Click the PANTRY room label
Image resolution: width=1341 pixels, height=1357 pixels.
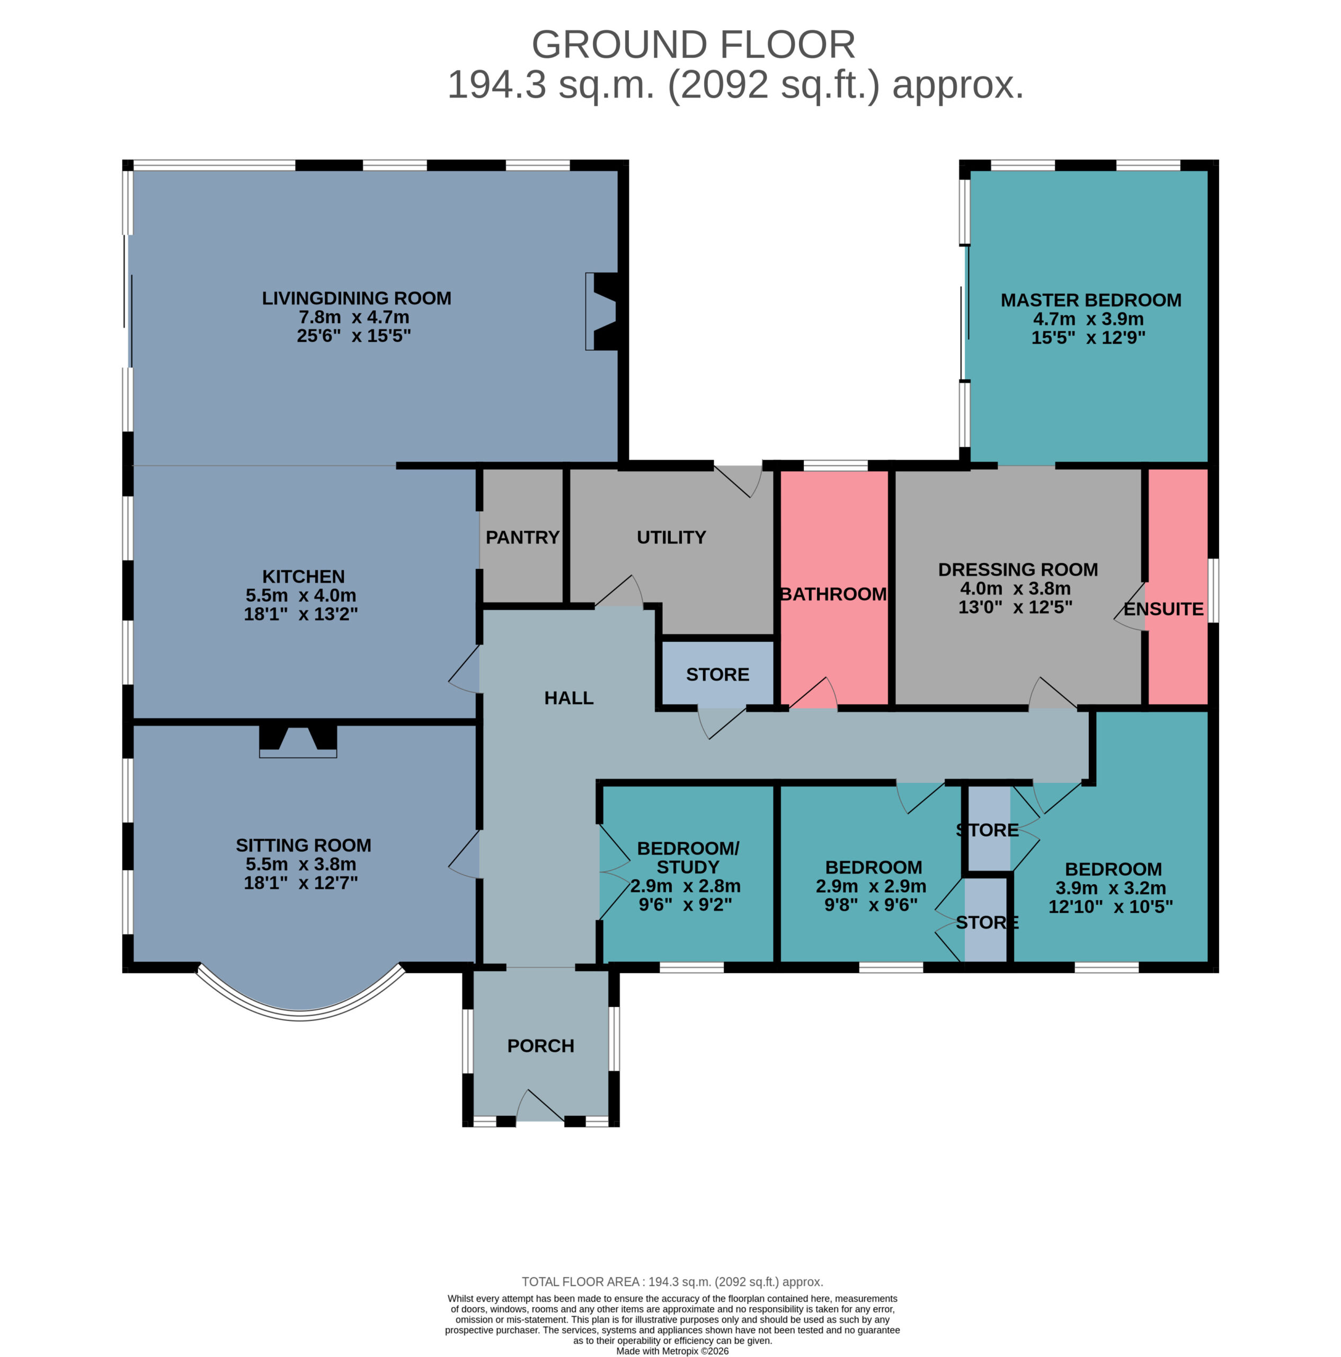pyautogui.click(x=522, y=537)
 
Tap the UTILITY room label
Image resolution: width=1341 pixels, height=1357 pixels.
pyautogui.click(x=671, y=537)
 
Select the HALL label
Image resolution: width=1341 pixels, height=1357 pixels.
pyautogui.click(x=569, y=698)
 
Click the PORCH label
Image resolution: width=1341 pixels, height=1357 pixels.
pyautogui.click(x=540, y=1046)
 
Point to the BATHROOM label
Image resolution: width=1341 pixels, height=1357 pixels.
pyautogui.click(x=833, y=594)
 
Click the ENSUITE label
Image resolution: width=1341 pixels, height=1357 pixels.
pyautogui.click(x=1164, y=609)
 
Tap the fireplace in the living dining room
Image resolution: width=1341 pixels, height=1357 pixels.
pyautogui.click(x=602, y=311)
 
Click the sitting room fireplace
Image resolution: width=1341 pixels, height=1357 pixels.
pyautogui.click(x=298, y=741)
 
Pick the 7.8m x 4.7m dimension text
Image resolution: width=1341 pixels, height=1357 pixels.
pyautogui.click(x=354, y=317)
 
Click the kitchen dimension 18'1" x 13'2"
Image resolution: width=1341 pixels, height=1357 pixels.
pyautogui.click(x=300, y=614)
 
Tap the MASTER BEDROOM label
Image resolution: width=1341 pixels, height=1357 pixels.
pyautogui.click(x=1090, y=300)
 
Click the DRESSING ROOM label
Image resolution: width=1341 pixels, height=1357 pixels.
pyautogui.click(x=1018, y=570)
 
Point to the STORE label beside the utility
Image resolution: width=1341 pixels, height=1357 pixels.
pyautogui.click(x=717, y=674)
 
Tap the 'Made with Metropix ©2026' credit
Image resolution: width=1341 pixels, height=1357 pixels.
pyautogui.click(x=672, y=1351)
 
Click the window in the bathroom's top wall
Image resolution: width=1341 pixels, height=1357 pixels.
pyautogui.click(x=836, y=465)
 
